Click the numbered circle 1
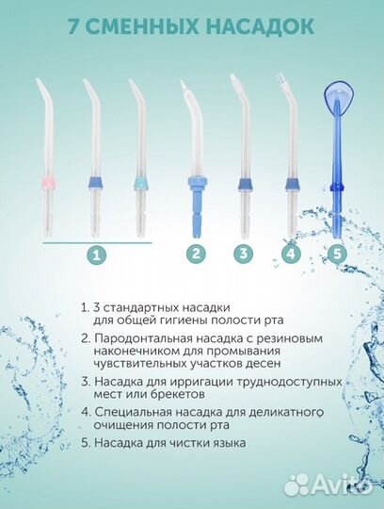(97, 254)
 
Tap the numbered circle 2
(196, 254)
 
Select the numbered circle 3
(244, 254)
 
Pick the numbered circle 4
(291, 254)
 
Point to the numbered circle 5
(337, 254)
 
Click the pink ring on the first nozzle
(49, 184)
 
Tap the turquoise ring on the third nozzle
(141, 184)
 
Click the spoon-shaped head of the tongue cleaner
(339, 97)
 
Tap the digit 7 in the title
(74, 26)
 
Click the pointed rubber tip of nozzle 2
(184, 86)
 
